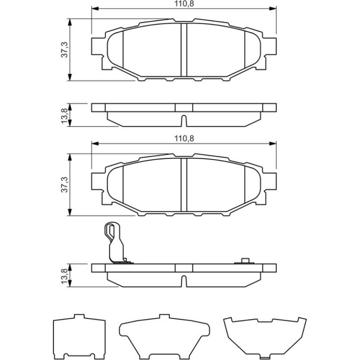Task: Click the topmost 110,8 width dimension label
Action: [184, 3]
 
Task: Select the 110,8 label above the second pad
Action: [184, 138]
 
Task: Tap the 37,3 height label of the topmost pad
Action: [65, 50]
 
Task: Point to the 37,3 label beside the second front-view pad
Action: [65, 185]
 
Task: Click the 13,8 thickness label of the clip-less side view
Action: [65, 115]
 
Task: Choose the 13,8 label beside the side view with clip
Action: [65, 276]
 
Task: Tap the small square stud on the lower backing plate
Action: [245, 261]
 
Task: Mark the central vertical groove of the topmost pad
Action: [184, 50]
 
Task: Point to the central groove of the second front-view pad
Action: [184, 185]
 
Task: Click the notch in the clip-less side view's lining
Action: [184, 121]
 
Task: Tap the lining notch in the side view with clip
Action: [184, 281]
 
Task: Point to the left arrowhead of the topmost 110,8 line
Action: [95, 8]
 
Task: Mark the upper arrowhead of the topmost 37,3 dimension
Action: [70, 22]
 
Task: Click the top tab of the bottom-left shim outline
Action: [79, 316]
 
